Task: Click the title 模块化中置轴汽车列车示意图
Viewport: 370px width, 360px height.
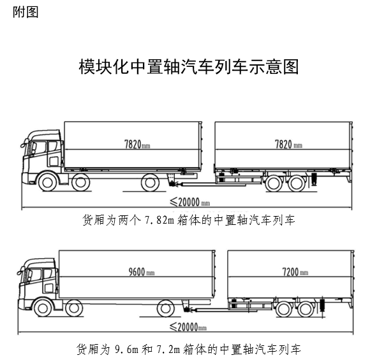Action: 189,67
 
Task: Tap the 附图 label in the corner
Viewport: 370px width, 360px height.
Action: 26,12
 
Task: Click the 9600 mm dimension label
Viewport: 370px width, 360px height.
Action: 142,272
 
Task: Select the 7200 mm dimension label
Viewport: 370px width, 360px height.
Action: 295,272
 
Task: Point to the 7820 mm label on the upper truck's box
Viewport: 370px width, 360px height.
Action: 137,144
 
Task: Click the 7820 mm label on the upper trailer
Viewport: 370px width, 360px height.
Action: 288,144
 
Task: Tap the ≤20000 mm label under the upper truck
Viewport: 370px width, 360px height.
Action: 190,202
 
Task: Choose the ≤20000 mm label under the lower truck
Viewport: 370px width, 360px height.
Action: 188,327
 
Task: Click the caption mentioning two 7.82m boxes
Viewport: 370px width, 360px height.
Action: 189,220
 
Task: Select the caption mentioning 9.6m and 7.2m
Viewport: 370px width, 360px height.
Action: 189,349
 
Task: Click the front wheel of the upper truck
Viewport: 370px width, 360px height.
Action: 47,182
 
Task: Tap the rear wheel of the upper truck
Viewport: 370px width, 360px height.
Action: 150,182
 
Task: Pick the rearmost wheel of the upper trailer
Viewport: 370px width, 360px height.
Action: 297,183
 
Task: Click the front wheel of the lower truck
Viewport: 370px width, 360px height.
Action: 43,308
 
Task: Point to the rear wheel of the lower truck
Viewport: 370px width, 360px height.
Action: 166,308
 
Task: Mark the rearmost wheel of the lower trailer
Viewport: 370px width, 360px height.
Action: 306,309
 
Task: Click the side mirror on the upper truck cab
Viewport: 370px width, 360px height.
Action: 24,143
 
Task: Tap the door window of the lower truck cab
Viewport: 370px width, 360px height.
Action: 48,273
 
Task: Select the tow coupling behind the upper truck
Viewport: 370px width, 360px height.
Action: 174,184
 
